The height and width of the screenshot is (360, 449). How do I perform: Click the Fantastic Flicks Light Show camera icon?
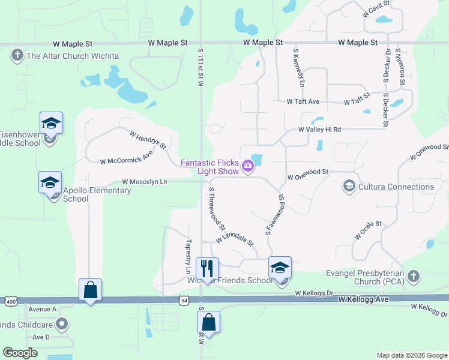click(x=247, y=164)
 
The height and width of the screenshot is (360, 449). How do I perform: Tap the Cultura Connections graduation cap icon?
click(x=348, y=187)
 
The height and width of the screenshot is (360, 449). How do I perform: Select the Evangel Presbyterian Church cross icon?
click(x=412, y=276)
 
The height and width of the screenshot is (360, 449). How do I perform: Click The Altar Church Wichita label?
click(x=73, y=56)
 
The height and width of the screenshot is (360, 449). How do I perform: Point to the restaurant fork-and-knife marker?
click(x=207, y=267)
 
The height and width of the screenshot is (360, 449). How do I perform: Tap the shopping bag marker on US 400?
click(x=90, y=290)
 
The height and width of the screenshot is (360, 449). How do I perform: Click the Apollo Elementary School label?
click(x=97, y=195)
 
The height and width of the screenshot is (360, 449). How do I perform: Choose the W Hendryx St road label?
click(x=148, y=139)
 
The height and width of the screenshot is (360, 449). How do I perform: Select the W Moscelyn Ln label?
click(x=145, y=181)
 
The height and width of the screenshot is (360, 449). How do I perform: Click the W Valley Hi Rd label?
click(x=320, y=130)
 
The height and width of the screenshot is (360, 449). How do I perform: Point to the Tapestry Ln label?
click(x=187, y=254)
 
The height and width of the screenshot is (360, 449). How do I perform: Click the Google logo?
click(x=20, y=353)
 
